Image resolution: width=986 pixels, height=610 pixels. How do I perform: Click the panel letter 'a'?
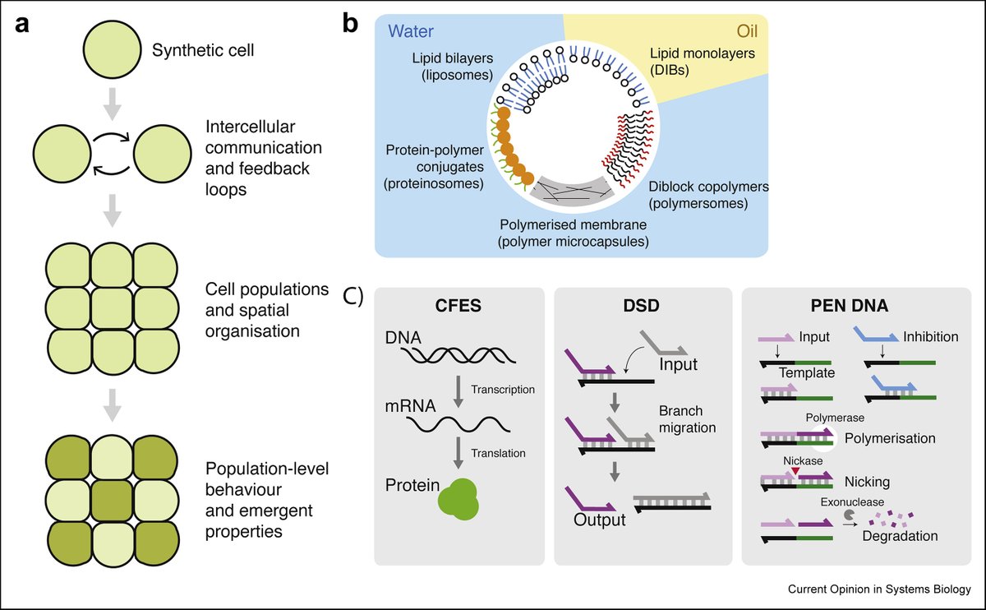pyautogui.click(x=24, y=24)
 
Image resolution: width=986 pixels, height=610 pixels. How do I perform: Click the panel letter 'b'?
pyautogui.click(x=349, y=24)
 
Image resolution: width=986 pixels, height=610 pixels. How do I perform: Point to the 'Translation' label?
pyautogui.click(x=498, y=453)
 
